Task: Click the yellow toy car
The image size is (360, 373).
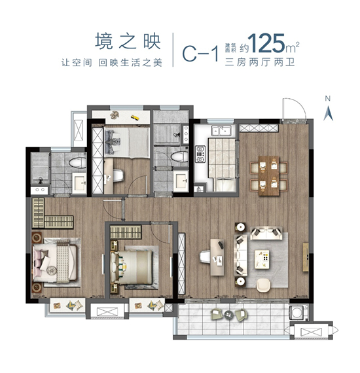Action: click(134, 118)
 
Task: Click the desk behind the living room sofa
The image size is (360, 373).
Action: click(214, 256)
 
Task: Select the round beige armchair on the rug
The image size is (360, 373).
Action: click(263, 285)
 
